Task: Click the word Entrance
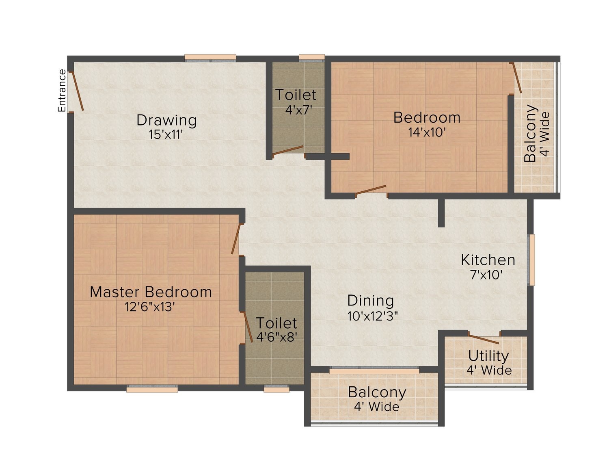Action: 62,91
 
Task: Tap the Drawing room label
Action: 166,120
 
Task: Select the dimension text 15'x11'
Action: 166,134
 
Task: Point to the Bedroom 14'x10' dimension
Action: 427,132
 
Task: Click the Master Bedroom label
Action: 151,292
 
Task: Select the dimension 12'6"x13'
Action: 149,307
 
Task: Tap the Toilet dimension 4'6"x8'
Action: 276,337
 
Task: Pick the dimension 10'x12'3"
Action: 373,316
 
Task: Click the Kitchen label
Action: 488,260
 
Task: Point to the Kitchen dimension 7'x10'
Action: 486,275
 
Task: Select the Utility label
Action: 488,356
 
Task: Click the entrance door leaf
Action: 78,91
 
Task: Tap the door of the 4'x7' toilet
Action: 288,150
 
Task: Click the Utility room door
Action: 483,339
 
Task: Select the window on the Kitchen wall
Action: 531,260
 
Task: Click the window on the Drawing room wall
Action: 210,58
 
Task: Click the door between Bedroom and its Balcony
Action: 517,78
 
